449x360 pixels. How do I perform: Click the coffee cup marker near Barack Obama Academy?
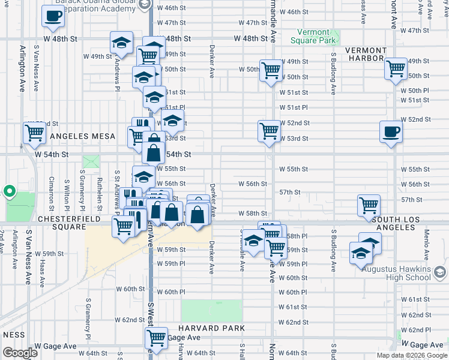pos(53,16)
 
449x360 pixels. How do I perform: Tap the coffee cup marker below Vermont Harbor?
pos(391,131)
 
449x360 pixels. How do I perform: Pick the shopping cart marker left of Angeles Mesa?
pos(34,133)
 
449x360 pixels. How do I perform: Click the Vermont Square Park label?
pos(313,36)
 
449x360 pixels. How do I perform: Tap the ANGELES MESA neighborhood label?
pos(82,136)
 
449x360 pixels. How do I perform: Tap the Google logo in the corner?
pos(20,353)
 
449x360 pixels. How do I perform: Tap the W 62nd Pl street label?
pos(415,330)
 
